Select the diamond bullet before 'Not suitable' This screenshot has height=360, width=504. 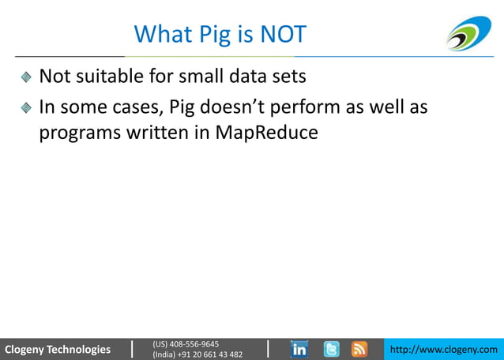pyautogui.click(x=26, y=77)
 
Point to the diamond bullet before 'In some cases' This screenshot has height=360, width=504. pyautogui.click(x=26, y=106)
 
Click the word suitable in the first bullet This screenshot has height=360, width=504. pyautogui.click(x=111, y=77)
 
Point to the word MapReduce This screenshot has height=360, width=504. pyautogui.click(x=267, y=133)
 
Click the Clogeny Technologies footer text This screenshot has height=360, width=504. pyautogui.click(x=58, y=349)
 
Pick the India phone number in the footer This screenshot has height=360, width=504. pyautogui.click(x=197, y=354)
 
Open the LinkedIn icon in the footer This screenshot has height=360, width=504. pyautogui.click(x=300, y=349)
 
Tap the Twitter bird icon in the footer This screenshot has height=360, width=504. pyautogui.click(x=332, y=349)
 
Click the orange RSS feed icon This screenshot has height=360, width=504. pyautogui.click(x=359, y=349)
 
